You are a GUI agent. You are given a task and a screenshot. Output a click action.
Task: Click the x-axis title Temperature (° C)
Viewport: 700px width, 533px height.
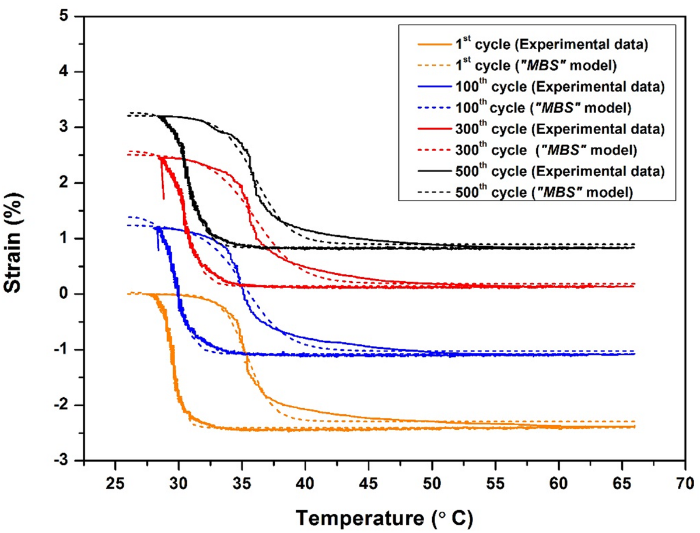(385, 516)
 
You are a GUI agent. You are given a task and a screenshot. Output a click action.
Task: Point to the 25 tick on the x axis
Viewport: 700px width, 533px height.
(115, 482)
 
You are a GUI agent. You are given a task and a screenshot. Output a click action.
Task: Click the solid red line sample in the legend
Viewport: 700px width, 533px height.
(435, 130)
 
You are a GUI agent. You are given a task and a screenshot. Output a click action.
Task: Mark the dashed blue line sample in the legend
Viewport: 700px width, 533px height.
(435, 108)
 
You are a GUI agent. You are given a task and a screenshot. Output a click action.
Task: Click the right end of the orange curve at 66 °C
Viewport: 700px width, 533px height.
(633, 426)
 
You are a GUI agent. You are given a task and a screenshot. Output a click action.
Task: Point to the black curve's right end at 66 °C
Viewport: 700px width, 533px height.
(633, 247)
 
